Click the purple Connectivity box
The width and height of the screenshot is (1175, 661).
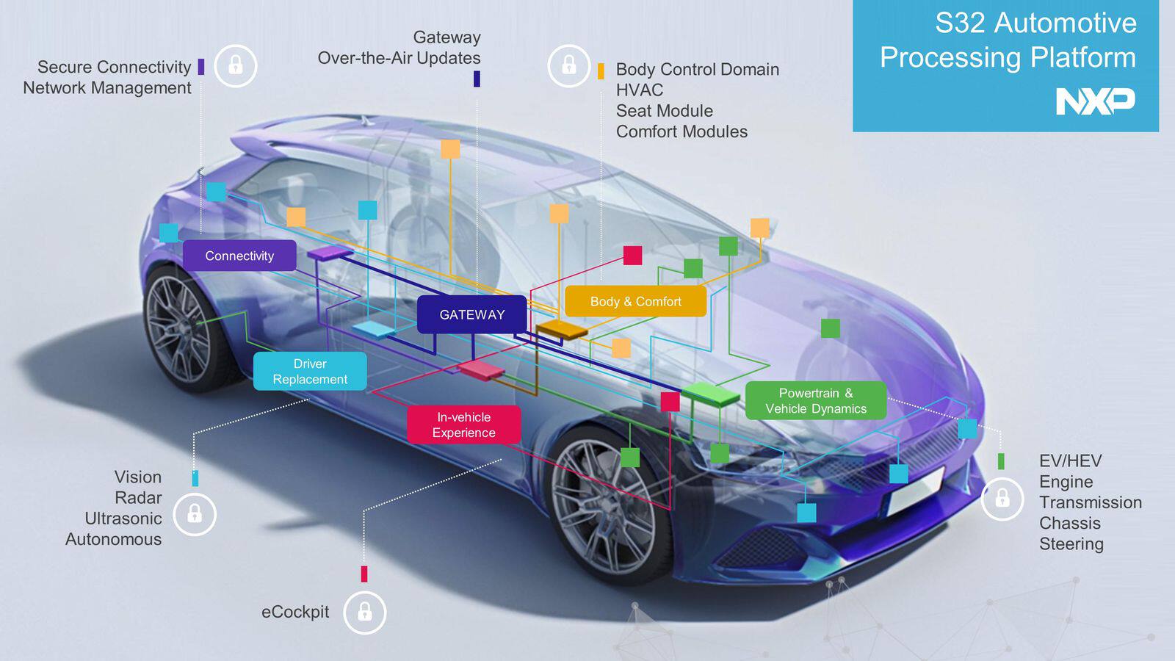(x=239, y=256)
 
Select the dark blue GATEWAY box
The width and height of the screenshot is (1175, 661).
(x=471, y=314)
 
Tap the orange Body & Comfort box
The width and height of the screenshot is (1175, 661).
(x=635, y=301)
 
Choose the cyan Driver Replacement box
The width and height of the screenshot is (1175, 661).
(x=310, y=371)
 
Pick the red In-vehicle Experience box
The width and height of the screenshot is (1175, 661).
(x=463, y=425)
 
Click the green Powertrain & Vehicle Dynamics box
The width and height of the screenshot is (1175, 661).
(x=815, y=401)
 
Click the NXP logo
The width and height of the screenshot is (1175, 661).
(x=1095, y=101)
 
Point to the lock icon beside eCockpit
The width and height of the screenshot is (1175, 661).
(x=364, y=612)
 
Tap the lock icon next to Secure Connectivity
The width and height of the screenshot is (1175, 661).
(x=235, y=65)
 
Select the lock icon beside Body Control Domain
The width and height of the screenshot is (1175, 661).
(x=568, y=65)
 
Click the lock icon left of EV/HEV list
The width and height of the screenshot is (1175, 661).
(x=1002, y=499)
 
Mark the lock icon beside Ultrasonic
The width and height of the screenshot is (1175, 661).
(x=195, y=513)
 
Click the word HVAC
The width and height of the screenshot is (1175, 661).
(x=639, y=90)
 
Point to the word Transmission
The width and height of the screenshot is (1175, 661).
(x=1090, y=502)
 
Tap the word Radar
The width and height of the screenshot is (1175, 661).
(x=138, y=497)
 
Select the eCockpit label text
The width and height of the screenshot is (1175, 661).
(x=295, y=612)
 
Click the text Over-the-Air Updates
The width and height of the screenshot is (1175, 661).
(x=399, y=57)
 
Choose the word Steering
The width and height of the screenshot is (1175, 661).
(x=1071, y=543)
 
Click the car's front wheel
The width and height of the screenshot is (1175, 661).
(x=607, y=499)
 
